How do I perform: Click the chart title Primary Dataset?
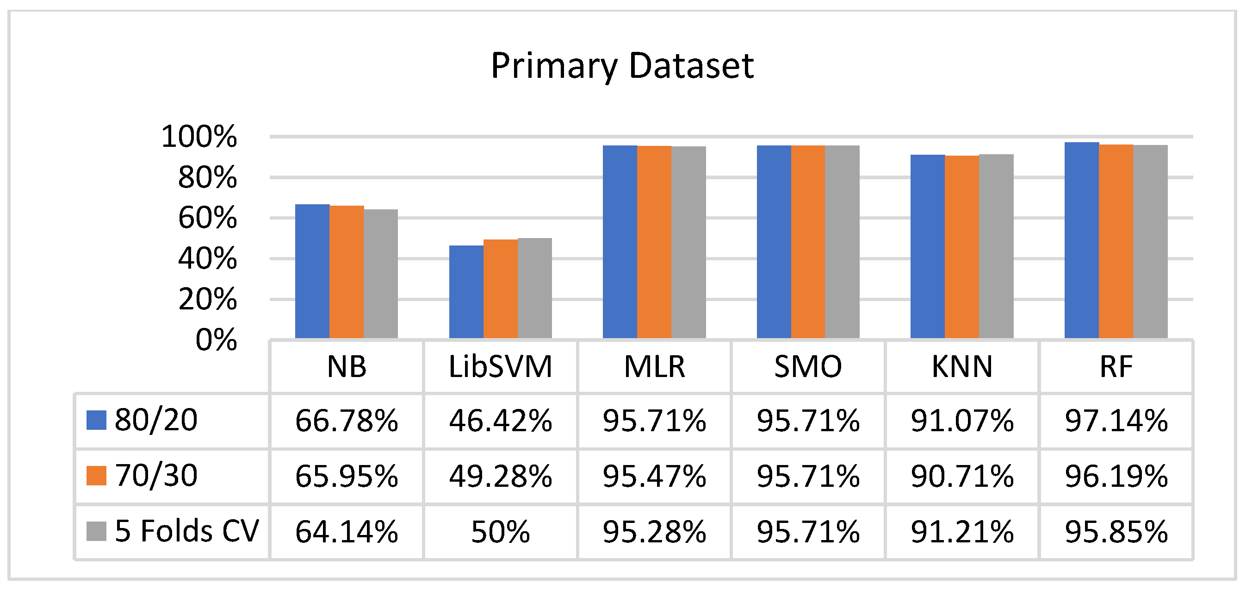(x=622, y=66)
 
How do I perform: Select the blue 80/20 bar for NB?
(x=312, y=271)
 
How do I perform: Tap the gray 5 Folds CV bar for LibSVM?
(x=534, y=288)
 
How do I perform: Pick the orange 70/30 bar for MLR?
(x=654, y=242)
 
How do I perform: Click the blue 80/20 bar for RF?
(x=1082, y=240)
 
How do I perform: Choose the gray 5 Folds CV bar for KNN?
(x=996, y=246)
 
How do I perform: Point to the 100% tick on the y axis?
(x=199, y=137)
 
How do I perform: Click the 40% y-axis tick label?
(x=207, y=259)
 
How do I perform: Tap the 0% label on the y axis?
(x=216, y=340)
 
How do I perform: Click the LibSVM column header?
(x=500, y=366)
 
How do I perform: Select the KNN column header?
(x=961, y=366)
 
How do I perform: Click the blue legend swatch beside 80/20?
(x=96, y=420)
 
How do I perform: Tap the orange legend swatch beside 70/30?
(x=96, y=475)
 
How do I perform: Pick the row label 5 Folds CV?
(x=187, y=531)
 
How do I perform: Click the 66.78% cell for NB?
(x=347, y=420)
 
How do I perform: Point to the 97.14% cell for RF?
(x=1116, y=420)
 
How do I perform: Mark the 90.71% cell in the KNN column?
(x=961, y=476)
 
